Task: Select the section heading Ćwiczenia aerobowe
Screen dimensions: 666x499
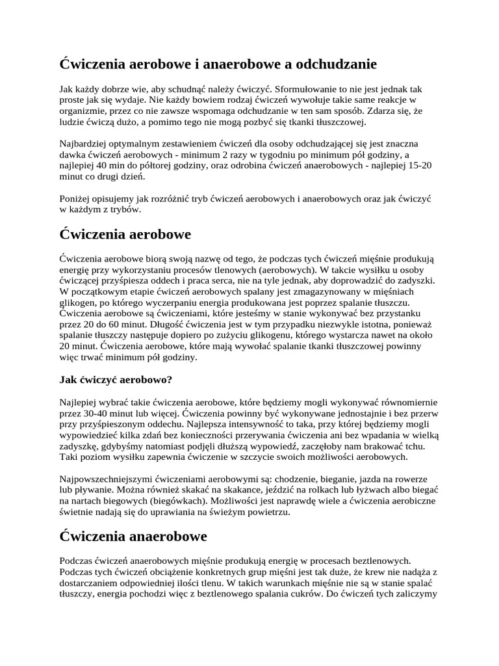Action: pos(125,233)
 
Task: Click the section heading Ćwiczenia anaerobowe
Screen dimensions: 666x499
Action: pos(133,537)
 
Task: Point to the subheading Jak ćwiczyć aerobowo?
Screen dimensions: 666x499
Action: pos(116,379)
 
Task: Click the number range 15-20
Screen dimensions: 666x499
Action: pos(418,165)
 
